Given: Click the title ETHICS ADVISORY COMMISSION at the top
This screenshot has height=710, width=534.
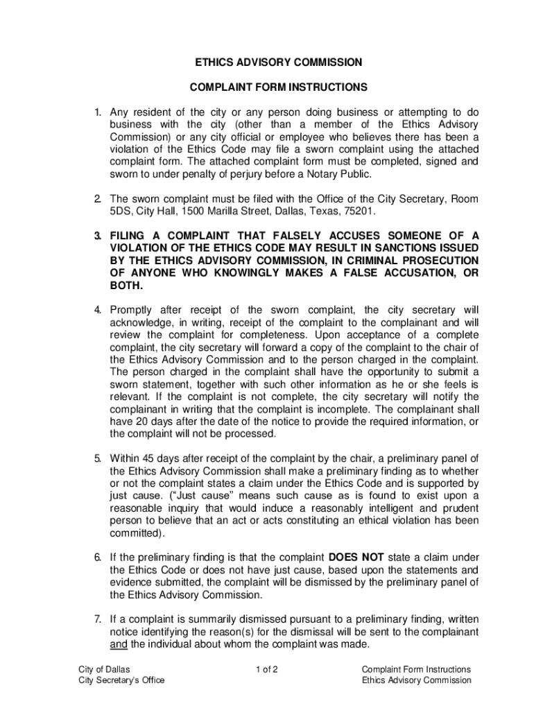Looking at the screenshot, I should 277,62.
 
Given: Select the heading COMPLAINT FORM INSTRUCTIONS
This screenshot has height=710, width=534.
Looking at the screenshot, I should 277,88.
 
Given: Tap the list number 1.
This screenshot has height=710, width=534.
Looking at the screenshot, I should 98,112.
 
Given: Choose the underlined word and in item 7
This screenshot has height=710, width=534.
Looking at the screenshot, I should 119,644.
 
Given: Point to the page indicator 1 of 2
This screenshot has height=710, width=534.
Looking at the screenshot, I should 267,669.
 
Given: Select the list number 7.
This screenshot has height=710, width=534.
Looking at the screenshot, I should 98,619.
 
